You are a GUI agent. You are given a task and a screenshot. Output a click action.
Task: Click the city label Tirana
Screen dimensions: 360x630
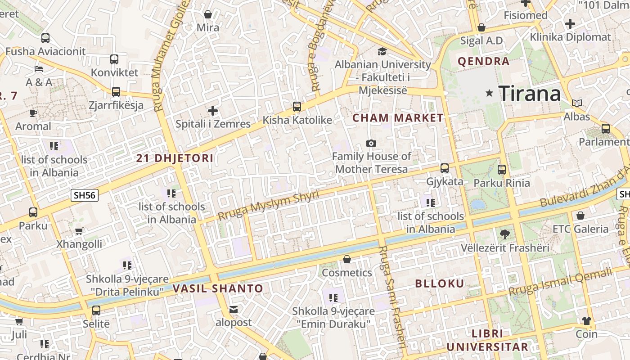pyautogui.click(x=530, y=94)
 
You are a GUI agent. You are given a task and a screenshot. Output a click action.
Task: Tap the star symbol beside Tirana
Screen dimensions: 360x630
pyautogui.click(x=489, y=93)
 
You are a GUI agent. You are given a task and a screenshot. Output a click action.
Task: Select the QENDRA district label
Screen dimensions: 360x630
pyautogui.click(x=483, y=62)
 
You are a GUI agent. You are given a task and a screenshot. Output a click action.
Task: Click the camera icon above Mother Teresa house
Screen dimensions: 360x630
pyautogui.click(x=371, y=143)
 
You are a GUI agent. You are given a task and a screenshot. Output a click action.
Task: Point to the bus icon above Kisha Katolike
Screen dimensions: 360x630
pyautogui.click(x=297, y=107)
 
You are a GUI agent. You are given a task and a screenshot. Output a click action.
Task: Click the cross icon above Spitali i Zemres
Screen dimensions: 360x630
pyautogui.click(x=213, y=110)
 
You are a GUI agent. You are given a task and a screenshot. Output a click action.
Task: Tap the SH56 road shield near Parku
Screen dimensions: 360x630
pyautogui.click(x=85, y=195)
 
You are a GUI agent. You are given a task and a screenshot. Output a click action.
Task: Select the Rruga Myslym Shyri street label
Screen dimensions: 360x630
pyautogui.click(x=268, y=205)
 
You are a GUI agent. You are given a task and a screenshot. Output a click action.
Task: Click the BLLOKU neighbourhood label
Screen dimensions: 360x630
pyautogui.click(x=439, y=283)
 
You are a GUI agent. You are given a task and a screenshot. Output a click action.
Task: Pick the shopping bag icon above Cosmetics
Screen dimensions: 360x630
pyautogui.click(x=347, y=259)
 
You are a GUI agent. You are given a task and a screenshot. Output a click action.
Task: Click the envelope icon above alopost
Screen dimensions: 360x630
pyautogui.click(x=234, y=309)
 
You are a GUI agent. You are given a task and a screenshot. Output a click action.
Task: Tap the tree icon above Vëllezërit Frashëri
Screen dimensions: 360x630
pyautogui.click(x=505, y=234)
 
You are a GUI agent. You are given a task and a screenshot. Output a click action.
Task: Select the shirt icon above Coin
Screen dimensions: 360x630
pyautogui.click(x=586, y=320)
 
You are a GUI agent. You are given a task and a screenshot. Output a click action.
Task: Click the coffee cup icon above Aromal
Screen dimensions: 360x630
pyautogui.click(x=33, y=112)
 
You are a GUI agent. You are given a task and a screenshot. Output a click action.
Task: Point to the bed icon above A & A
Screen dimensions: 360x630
pyautogui.click(x=39, y=69)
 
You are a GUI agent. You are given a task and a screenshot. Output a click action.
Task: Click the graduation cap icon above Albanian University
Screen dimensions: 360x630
pyautogui.click(x=382, y=51)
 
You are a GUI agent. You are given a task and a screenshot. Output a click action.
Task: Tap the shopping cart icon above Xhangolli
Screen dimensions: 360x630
pyautogui.click(x=79, y=231)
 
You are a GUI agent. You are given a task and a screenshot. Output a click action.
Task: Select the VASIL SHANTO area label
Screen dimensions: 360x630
pyautogui.click(x=218, y=288)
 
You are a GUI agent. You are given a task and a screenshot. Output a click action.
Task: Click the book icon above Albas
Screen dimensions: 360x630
pyautogui.click(x=577, y=103)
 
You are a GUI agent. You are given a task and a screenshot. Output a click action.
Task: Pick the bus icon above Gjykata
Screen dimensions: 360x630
pyautogui.click(x=445, y=168)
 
